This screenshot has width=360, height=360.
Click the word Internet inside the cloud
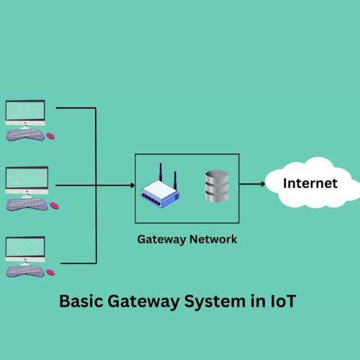coord(310,184)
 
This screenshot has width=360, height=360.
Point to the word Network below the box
coord(212,239)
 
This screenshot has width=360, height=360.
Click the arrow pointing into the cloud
coord(252,184)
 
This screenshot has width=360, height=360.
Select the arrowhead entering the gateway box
coord(132,185)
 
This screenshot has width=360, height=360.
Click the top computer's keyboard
coord(25,135)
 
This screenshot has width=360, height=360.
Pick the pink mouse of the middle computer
coord(55,205)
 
